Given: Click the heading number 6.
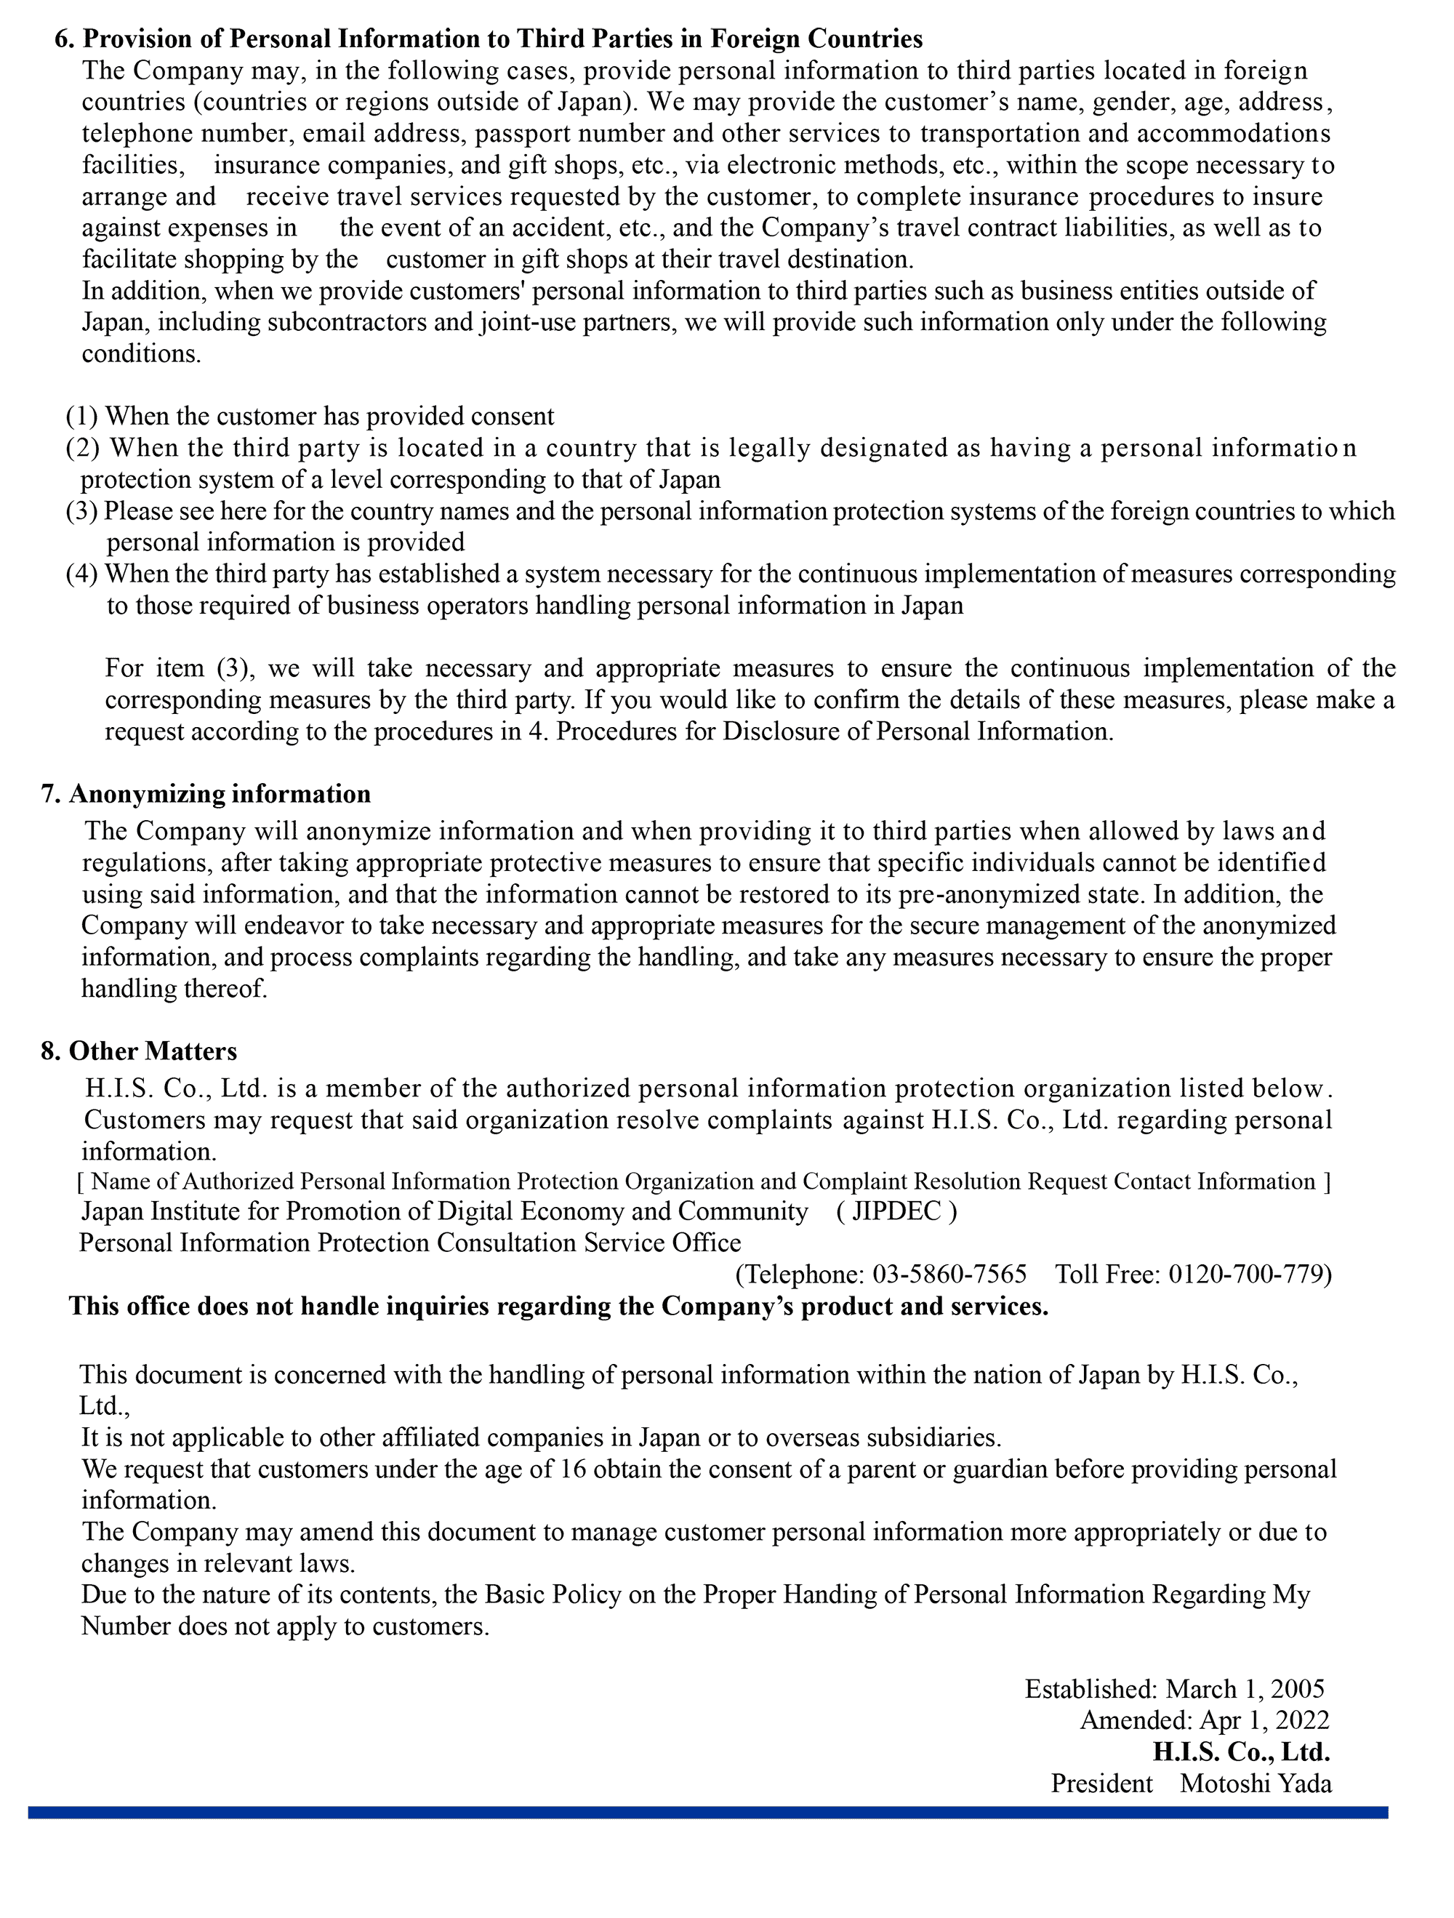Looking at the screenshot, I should click(x=63, y=39).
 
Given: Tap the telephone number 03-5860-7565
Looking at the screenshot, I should click(x=949, y=1274).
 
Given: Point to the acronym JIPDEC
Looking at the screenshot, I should click(x=896, y=1211).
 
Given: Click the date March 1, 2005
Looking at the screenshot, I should click(x=1245, y=1688).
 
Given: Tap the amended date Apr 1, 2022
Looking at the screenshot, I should click(x=1264, y=1720).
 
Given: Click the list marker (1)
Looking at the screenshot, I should click(x=82, y=416).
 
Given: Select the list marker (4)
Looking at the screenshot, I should click(x=82, y=574).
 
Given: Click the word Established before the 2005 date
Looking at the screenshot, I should click(x=1090, y=1688).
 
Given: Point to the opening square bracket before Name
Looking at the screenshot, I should click(x=81, y=1181).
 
